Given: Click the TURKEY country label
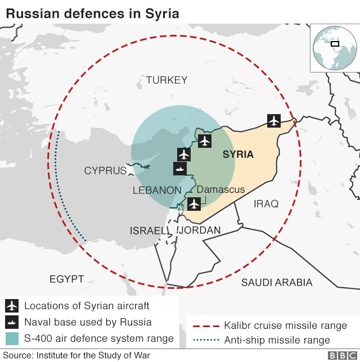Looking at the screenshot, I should [x=166, y=80].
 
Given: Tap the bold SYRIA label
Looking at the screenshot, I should [x=238, y=154].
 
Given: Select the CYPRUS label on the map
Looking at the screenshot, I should [x=105, y=170].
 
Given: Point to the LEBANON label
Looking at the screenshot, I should [x=157, y=191].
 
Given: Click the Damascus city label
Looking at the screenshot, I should [x=220, y=189].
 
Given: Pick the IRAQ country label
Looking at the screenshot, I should [x=266, y=203].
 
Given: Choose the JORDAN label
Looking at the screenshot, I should [x=200, y=230].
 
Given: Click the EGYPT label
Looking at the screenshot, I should [x=66, y=279].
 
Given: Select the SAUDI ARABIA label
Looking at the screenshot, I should [x=277, y=282].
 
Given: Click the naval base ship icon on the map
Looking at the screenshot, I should [x=180, y=168].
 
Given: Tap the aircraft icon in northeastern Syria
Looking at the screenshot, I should [x=274, y=120].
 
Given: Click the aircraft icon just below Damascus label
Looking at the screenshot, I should [x=194, y=203].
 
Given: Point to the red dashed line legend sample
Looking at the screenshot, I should [x=205, y=326].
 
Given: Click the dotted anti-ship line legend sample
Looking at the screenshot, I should [x=205, y=340].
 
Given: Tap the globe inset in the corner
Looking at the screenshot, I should [x=334, y=48].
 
